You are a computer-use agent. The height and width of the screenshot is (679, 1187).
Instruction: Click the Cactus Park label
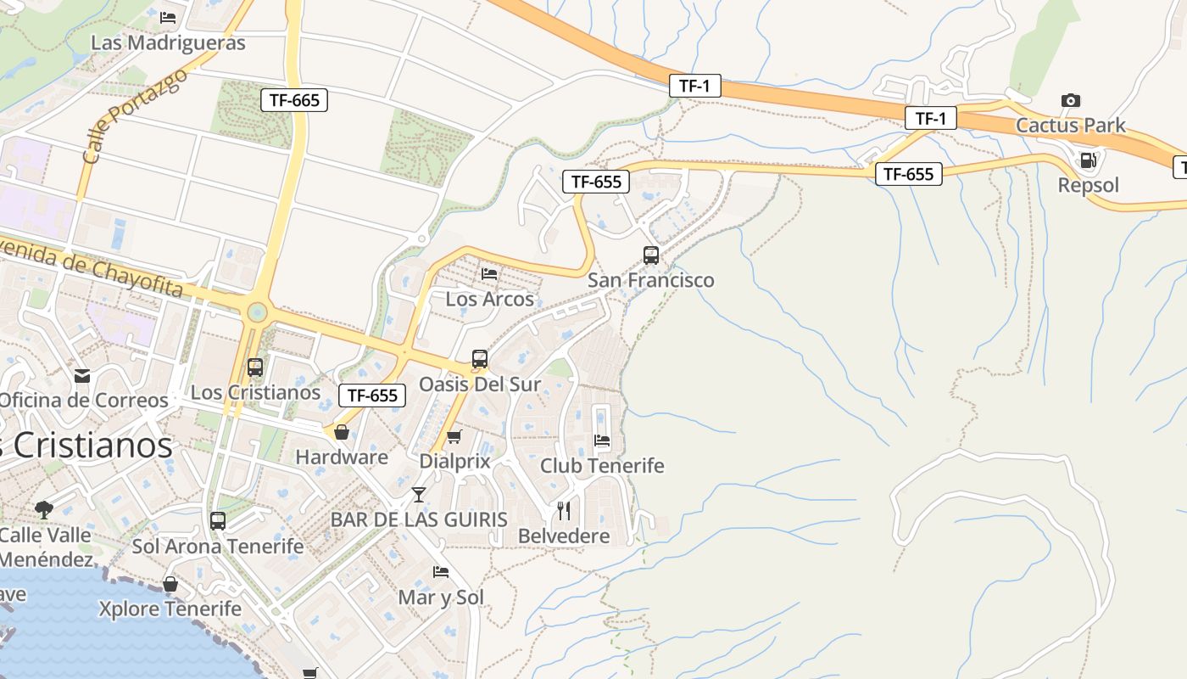click(1071, 126)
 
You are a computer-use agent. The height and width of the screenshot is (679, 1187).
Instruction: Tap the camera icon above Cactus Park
click(1071, 100)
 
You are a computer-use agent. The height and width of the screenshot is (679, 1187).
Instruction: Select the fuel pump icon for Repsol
click(1089, 160)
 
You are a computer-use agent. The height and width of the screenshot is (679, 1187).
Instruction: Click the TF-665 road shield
click(294, 100)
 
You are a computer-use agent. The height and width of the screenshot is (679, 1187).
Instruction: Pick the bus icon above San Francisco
click(651, 255)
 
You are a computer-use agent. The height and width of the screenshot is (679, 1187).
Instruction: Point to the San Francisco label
click(651, 280)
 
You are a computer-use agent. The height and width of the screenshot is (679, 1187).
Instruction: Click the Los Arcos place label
click(490, 299)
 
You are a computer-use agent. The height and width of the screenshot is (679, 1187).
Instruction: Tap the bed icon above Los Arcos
click(489, 273)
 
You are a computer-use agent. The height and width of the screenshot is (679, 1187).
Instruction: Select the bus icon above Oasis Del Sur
click(480, 359)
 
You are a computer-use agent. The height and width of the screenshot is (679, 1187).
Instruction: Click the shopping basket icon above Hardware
click(342, 433)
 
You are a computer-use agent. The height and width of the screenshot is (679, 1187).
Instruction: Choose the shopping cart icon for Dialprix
click(454, 436)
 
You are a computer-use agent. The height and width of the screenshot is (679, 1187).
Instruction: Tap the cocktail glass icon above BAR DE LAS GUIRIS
click(419, 494)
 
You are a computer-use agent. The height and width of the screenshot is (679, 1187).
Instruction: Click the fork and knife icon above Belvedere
click(564, 510)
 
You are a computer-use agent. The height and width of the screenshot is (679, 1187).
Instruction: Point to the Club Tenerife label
click(602, 466)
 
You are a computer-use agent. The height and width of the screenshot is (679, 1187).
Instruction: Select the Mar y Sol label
click(441, 598)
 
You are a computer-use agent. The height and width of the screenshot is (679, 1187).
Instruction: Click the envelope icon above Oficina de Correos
click(82, 375)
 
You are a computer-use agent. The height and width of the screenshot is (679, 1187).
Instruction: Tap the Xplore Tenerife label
click(170, 609)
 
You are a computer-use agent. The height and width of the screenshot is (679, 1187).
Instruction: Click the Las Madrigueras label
click(168, 42)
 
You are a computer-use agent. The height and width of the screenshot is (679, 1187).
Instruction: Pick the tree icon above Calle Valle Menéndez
click(44, 510)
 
